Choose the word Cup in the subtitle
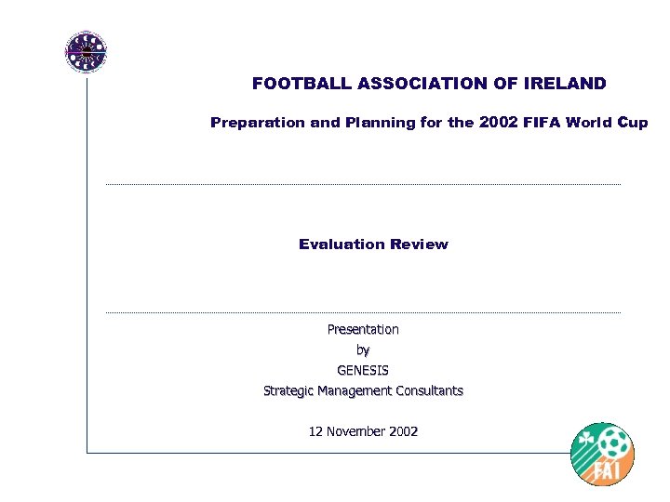pos(633,123)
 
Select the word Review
pos(418,244)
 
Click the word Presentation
pos(363,329)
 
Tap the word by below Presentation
pos(363,350)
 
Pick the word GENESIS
pos(363,370)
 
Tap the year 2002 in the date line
pos(403,431)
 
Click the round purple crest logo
pos(86,52)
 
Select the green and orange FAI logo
pos(602,454)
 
